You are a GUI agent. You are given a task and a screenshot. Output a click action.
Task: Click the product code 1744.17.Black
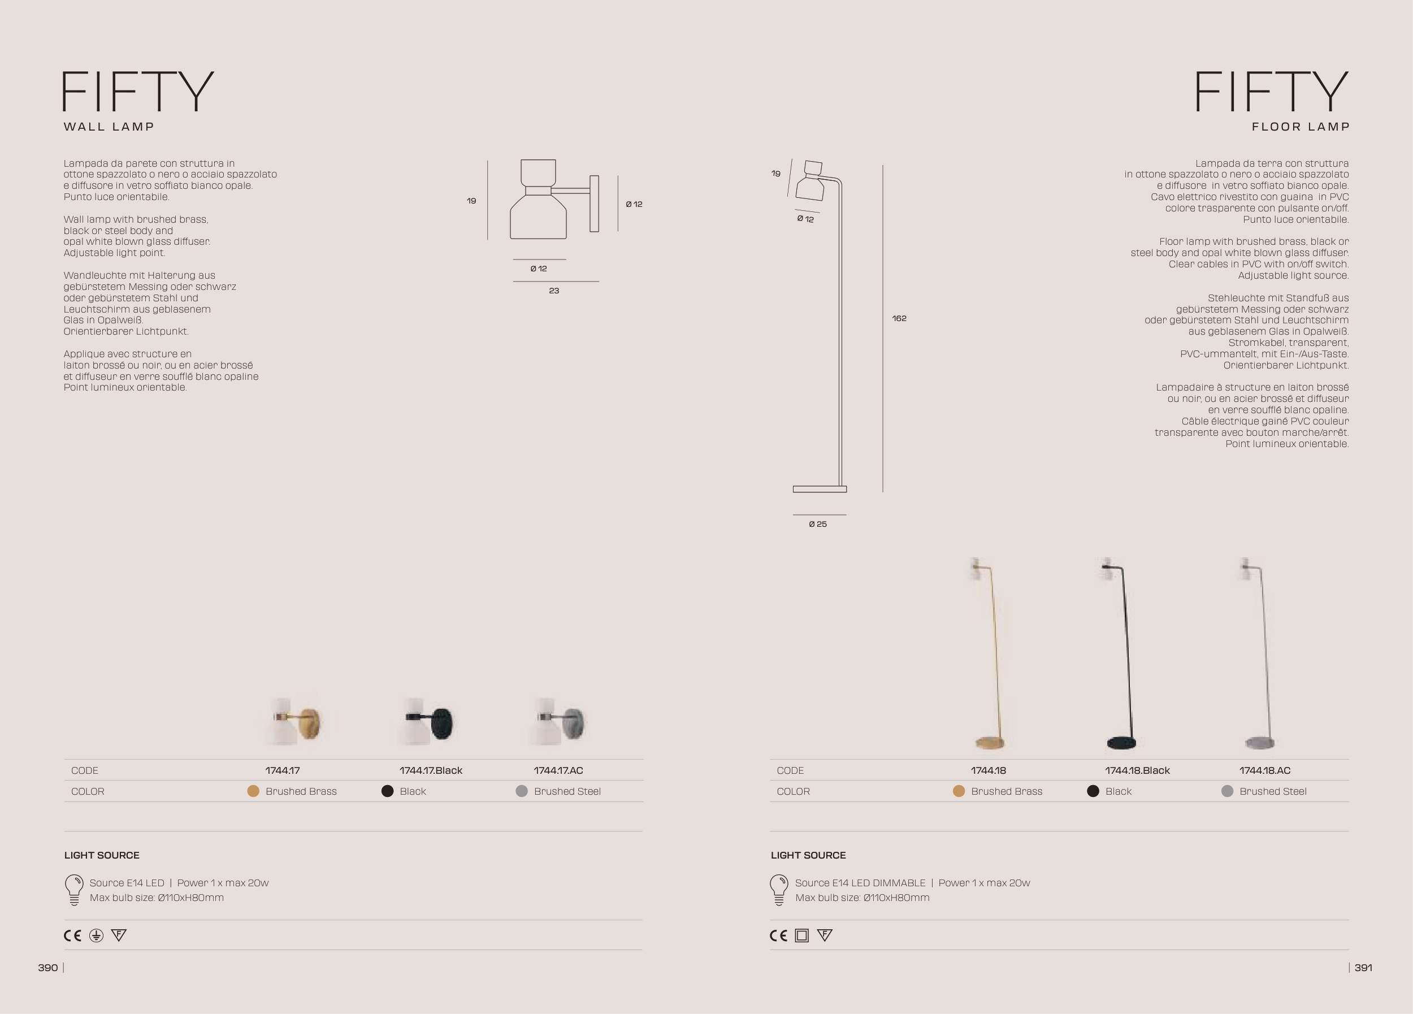point(431,770)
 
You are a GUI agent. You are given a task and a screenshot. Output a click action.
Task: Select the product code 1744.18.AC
point(1265,770)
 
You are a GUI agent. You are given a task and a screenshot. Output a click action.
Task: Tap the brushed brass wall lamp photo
point(294,722)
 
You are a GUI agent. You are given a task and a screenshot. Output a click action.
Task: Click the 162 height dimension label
point(899,318)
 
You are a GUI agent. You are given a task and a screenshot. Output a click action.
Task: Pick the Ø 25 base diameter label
point(818,525)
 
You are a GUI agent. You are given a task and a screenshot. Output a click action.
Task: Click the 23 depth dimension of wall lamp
point(554,291)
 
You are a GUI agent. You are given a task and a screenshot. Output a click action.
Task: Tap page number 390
point(48,967)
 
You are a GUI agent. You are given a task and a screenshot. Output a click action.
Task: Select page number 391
point(1363,967)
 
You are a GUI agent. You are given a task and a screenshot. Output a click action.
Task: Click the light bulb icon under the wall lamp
point(74,890)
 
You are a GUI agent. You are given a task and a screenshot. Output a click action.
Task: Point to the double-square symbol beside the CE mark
point(802,935)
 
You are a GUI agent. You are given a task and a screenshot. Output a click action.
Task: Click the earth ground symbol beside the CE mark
point(96,935)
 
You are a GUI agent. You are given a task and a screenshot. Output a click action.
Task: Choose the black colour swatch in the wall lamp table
point(388,791)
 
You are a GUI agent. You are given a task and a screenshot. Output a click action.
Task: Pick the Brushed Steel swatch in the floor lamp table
point(1228,791)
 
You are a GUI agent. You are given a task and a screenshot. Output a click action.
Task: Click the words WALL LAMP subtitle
point(109,127)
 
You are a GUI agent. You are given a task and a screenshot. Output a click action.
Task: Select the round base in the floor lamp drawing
point(820,489)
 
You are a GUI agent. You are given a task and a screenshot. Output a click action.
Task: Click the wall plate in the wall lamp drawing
point(595,203)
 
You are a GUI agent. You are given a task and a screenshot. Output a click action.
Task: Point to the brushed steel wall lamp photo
point(559,722)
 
